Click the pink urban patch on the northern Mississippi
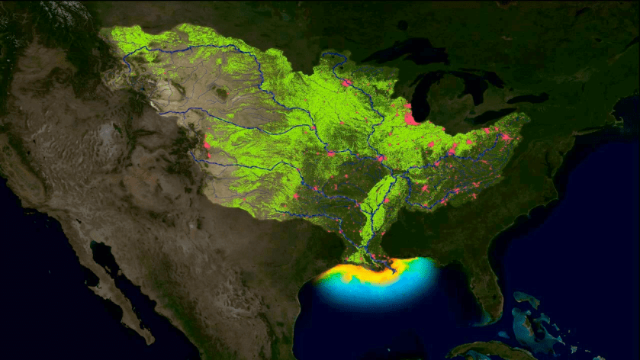(346, 82)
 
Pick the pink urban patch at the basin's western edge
(206, 144)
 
